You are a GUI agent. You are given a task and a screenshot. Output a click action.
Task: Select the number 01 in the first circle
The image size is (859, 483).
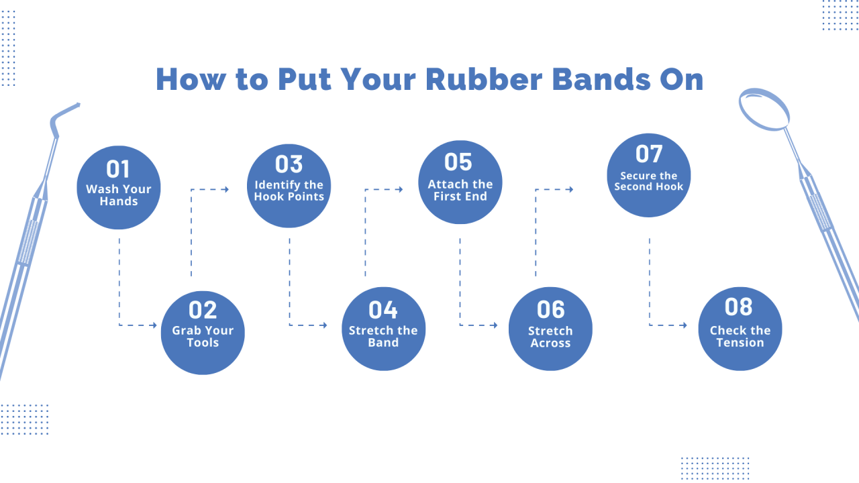pos(118,169)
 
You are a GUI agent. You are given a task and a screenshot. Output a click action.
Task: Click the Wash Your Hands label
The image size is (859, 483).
pos(118,195)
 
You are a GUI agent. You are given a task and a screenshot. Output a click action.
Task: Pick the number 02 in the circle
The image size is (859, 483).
pos(203,310)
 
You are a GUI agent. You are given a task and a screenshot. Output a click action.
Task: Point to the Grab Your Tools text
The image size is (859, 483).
pos(203,336)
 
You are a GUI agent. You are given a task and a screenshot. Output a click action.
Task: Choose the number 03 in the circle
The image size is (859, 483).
pos(289,164)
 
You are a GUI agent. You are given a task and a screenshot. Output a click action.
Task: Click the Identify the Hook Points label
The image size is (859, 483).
pos(289,191)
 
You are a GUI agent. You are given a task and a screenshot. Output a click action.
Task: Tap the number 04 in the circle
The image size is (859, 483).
pos(383,310)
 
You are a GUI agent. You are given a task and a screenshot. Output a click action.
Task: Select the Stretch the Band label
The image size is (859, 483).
pos(383,336)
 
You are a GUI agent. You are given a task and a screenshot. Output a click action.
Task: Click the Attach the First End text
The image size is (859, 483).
pos(460,190)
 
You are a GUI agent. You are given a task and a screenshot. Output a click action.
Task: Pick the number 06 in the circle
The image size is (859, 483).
pos(550,310)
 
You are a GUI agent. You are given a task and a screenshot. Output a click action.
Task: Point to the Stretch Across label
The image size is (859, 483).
pos(550,337)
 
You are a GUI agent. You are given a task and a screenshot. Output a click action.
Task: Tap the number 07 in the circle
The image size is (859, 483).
pos(649,154)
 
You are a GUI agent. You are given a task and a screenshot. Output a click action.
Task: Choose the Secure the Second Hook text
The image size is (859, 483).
pos(649,181)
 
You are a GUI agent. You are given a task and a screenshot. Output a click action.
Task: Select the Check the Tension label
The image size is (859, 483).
pos(740,336)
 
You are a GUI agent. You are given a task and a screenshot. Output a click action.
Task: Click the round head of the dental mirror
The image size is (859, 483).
pos(764,109)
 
